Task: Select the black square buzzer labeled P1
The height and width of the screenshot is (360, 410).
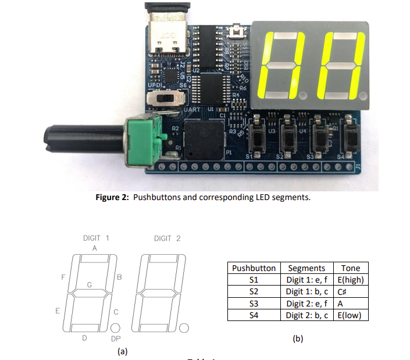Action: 204,140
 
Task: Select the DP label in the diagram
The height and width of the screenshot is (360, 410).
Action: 116,338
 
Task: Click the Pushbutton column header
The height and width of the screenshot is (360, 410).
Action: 254,268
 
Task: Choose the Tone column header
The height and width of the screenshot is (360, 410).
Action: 351,268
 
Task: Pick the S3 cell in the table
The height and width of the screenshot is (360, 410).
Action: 254,304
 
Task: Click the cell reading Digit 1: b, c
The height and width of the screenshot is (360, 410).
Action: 306,292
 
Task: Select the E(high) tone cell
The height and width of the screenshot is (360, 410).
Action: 351,280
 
